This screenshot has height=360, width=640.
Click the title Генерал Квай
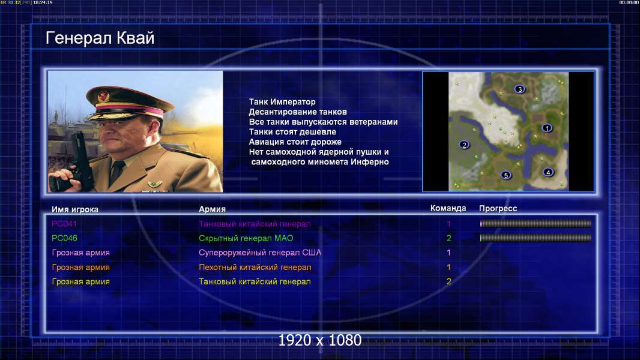(x=100, y=38)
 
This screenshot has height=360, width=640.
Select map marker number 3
(x=519, y=89)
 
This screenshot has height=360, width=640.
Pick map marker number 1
(x=547, y=128)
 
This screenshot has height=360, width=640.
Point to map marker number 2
(x=463, y=145)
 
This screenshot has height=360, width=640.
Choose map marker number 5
(x=506, y=175)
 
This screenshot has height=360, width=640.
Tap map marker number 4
(x=548, y=172)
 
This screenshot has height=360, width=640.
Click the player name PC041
(x=64, y=223)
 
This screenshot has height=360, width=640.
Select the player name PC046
(x=64, y=238)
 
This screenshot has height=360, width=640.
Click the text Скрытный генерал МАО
(x=246, y=238)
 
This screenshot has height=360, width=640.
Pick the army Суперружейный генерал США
(x=260, y=253)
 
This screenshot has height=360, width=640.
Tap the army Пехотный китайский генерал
(x=255, y=268)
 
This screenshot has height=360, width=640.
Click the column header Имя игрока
(x=74, y=209)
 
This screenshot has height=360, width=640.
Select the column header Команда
(x=448, y=208)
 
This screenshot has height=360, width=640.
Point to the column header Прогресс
(x=498, y=208)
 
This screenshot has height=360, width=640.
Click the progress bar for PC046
(x=536, y=238)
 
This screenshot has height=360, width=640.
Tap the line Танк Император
(x=282, y=102)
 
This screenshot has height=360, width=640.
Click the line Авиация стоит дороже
(x=295, y=142)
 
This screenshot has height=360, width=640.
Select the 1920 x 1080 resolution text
(x=319, y=340)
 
